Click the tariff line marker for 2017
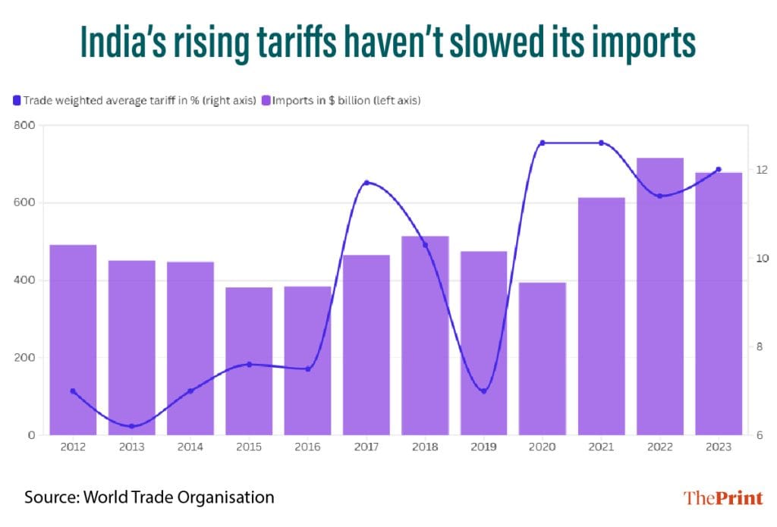click(366, 183)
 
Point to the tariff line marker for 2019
click(483, 391)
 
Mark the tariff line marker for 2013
click(131, 426)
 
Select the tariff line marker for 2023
click(719, 170)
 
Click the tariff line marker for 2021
click(601, 143)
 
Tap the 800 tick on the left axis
click(25, 125)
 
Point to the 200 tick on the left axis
click(25, 358)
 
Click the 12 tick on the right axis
click(758, 170)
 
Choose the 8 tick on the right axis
click(758, 347)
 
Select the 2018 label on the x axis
click(425, 447)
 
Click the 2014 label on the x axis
click(190, 447)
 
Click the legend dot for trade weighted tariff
click(17, 100)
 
